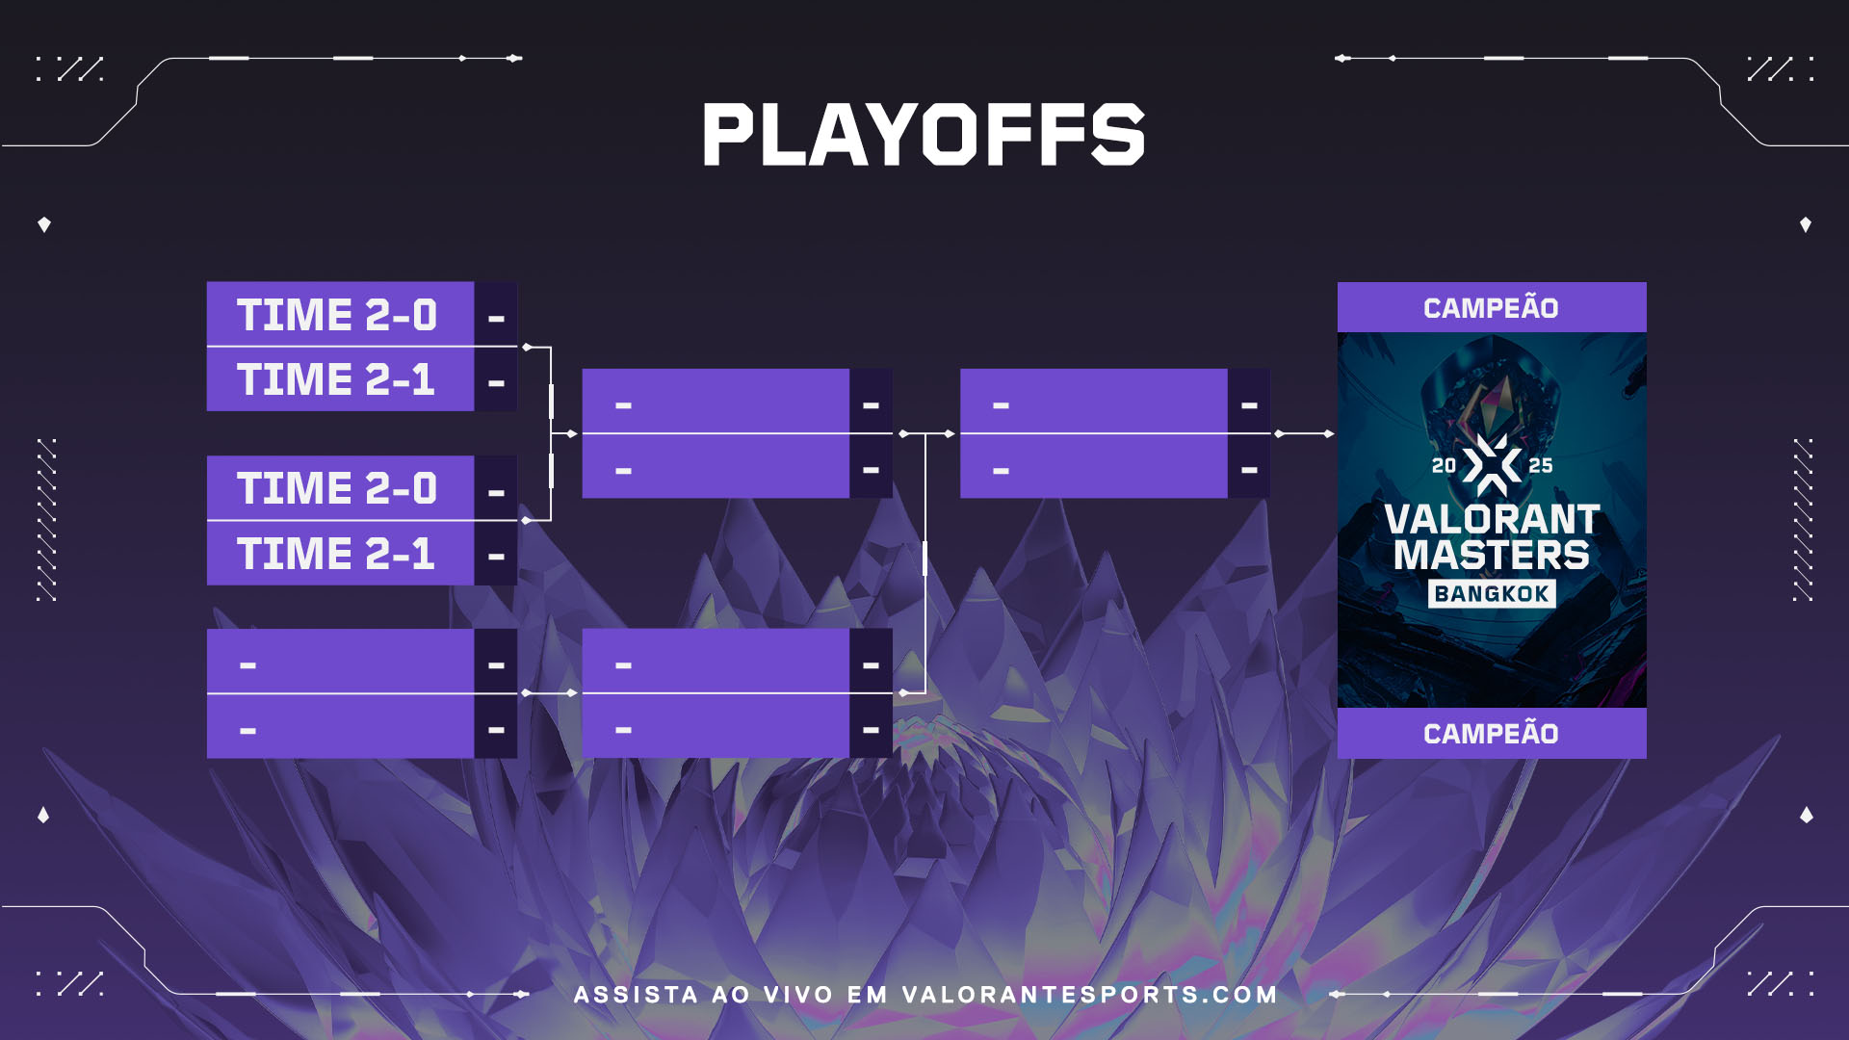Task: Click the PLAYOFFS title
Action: pyautogui.click(x=924, y=134)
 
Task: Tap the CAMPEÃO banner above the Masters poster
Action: pyautogui.click(x=1492, y=307)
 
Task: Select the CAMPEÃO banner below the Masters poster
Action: pyautogui.click(x=1492, y=733)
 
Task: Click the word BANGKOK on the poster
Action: pyautogui.click(x=1492, y=593)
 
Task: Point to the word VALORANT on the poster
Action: pyautogui.click(x=1492, y=519)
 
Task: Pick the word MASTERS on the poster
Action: pyautogui.click(x=1492, y=555)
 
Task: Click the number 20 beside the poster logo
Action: pyautogui.click(x=1444, y=466)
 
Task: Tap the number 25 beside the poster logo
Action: pyautogui.click(x=1541, y=466)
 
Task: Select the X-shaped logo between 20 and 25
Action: pyautogui.click(x=1492, y=465)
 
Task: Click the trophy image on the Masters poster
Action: pyautogui.click(x=1491, y=385)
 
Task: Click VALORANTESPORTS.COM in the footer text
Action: pyautogui.click(x=1089, y=995)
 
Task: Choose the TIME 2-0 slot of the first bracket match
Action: pyautogui.click(x=340, y=314)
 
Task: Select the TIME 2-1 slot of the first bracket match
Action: pyautogui.click(x=340, y=379)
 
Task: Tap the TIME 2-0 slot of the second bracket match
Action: pyautogui.click(x=340, y=487)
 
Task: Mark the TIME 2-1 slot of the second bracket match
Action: pyautogui.click(x=340, y=553)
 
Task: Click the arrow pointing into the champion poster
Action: pyautogui.click(x=1305, y=434)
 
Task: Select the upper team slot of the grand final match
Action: pyautogui.click(x=1094, y=401)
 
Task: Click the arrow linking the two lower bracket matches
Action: pyautogui.click(x=550, y=693)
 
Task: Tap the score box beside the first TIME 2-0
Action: pyautogui.click(x=496, y=314)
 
